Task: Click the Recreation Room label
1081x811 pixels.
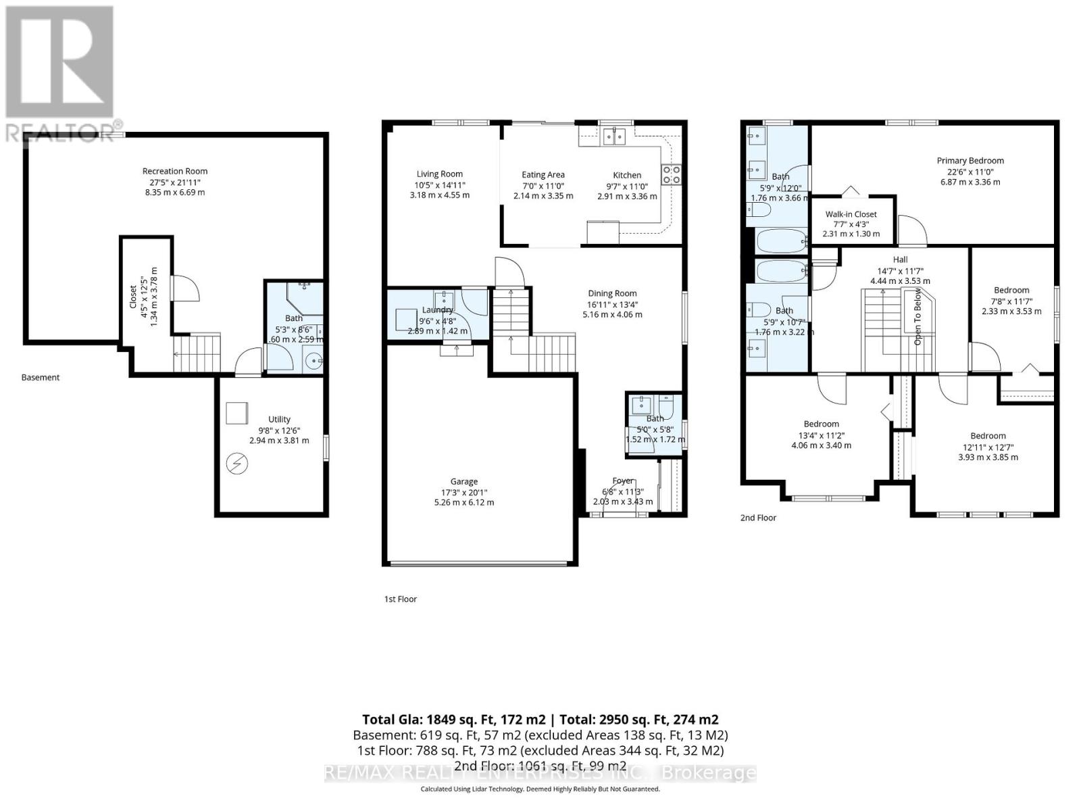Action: point(175,172)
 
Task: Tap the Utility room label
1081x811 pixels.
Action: point(279,420)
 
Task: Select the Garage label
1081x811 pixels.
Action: point(464,482)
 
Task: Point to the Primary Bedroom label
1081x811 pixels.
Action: point(970,161)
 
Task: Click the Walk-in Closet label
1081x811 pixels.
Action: point(851,214)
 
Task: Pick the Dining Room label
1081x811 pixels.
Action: point(612,293)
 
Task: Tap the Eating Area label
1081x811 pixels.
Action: point(543,175)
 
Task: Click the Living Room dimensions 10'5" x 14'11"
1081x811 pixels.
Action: point(440,185)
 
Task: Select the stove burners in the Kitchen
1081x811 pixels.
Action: point(671,174)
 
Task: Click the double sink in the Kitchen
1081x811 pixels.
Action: point(615,137)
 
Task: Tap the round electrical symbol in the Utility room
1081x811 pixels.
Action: point(238,464)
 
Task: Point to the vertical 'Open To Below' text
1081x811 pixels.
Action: point(917,316)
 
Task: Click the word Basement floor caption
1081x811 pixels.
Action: point(41,378)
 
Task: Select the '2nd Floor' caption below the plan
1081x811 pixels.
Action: point(758,518)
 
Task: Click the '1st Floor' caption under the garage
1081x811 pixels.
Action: point(401,599)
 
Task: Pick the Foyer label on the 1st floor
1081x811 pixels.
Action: point(623,481)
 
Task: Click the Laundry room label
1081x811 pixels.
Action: point(437,310)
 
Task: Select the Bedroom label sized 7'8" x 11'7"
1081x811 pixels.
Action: point(1011,290)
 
